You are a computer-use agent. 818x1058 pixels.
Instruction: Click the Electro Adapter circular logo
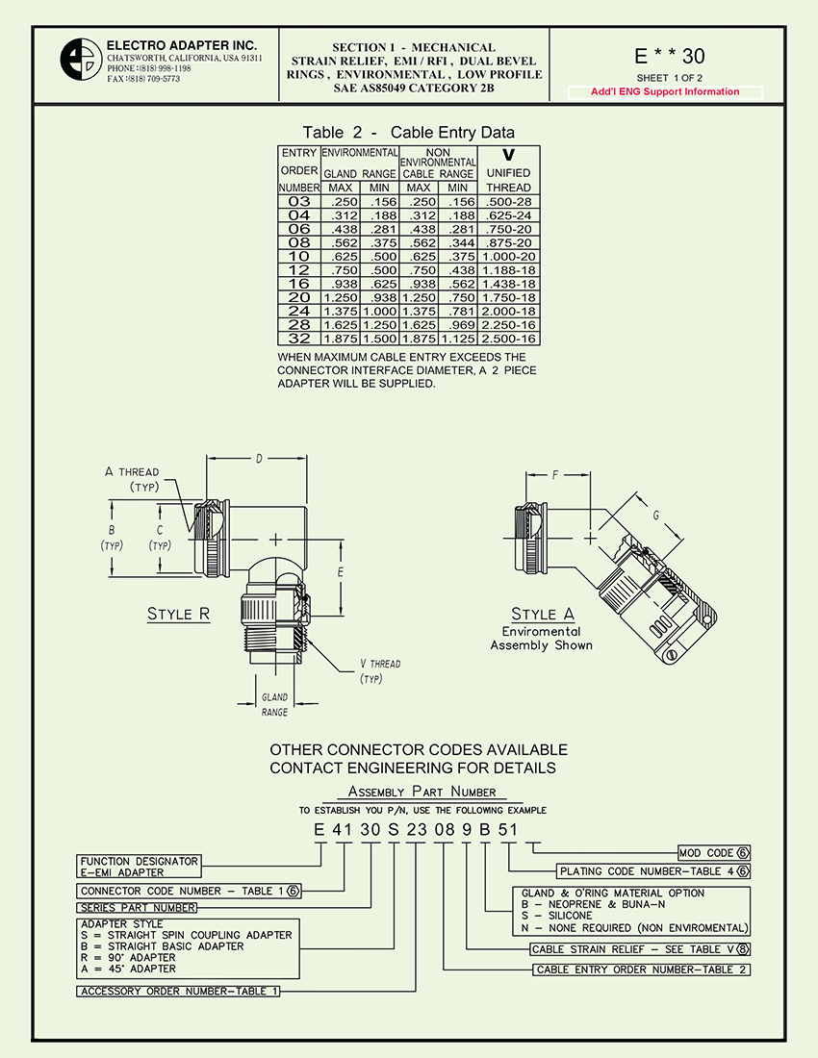pos(80,63)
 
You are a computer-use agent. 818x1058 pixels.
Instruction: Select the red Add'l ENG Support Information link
pos(665,92)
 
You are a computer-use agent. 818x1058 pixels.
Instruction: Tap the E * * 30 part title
pos(670,57)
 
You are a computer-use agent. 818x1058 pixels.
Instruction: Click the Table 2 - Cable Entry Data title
pos(408,133)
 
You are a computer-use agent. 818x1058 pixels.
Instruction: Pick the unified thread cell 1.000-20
pos(508,257)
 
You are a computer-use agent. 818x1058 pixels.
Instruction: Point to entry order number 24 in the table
pos(299,312)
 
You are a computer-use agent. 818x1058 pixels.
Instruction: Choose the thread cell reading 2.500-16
pos(508,339)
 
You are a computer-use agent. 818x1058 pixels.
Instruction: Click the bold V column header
pos(508,155)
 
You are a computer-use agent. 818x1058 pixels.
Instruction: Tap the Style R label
pos(178,615)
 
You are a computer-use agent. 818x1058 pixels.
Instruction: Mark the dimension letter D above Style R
pos(259,458)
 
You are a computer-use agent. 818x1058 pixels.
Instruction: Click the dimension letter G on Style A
pos(655,516)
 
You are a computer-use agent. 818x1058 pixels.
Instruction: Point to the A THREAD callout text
pos(132,472)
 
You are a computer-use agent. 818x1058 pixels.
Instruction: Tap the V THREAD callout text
pos(379,664)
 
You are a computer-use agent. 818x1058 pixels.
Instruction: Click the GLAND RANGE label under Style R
pos(274,704)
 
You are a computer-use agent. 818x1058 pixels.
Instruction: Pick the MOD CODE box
pos(712,852)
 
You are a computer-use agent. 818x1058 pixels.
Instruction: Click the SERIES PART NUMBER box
pos(138,907)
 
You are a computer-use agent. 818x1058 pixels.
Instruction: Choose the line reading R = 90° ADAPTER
pos(128,958)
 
